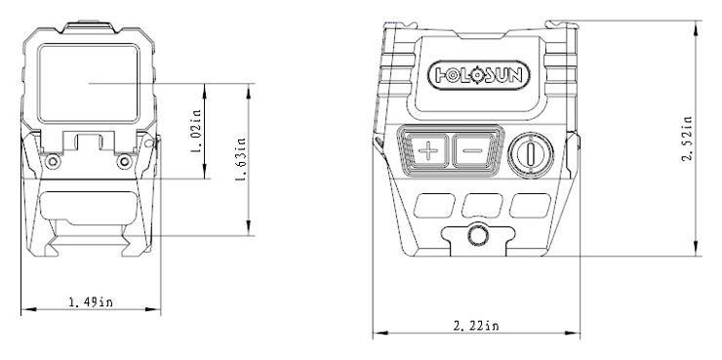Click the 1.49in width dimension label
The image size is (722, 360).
tap(91, 302)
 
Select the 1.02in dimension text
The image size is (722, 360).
tap(196, 131)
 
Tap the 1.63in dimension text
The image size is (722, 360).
tap(241, 159)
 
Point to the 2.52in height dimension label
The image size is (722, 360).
tap(687, 139)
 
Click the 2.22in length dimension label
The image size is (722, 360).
tap(476, 326)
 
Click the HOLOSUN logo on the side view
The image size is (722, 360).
tap(479, 75)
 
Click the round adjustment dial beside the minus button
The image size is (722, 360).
tap(531, 155)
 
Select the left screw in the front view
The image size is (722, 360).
tap(53, 161)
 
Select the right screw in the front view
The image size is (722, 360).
tap(124, 161)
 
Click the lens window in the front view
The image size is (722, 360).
tap(89, 83)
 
